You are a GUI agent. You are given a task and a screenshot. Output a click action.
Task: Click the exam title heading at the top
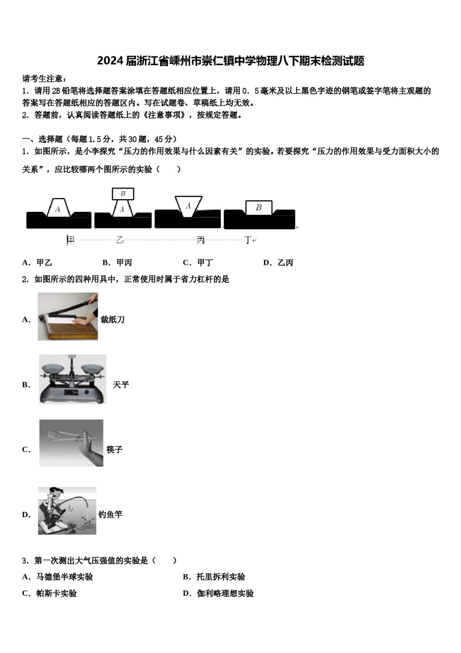pyautogui.click(x=230, y=61)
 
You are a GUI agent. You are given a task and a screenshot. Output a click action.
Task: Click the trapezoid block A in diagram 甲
pyautogui.click(x=58, y=208)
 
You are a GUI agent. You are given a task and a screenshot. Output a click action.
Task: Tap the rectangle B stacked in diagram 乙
pyautogui.click(x=123, y=193)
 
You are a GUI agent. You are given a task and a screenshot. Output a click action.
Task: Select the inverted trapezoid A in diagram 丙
pyautogui.click(x=188, y=206)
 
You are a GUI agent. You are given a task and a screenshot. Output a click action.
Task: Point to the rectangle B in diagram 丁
pyautogui.click(x=259, y=207)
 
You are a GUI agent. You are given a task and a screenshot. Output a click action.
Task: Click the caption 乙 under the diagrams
pyautogui.click(x=120, y=240)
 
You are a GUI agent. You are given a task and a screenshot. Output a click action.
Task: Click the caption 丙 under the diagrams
pyautogui.click(x=201, y=240)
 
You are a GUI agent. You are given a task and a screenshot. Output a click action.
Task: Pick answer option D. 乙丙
pyautogui.click(x=279, y=263)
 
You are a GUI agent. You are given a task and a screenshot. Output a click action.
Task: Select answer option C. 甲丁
pyautogui.click(x=198, y=263)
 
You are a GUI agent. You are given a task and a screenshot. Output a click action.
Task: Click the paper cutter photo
pyautogui.click(x=68, y=317)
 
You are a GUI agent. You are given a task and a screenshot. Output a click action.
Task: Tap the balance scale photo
pyautogui.click(x=72, y=379)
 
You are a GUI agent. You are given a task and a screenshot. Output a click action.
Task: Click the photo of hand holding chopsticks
pyautogui.click(x=71, y=443)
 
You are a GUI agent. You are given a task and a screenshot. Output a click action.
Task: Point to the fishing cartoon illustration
pyautogui.click(x=67, y=511)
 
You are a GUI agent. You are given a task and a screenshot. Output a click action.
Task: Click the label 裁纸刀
pyautogui.click(x=113, y=320)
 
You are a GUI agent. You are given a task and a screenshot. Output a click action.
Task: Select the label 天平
pyautogui.click(x=121, y=385)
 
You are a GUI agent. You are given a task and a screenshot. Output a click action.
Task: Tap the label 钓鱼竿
pyautogui.click(x=111, y=515)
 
